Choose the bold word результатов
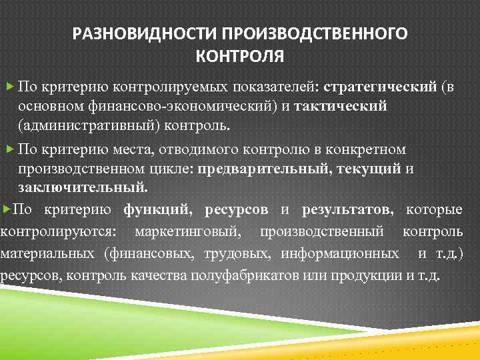point(347,210)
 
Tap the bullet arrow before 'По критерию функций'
point(6,210)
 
